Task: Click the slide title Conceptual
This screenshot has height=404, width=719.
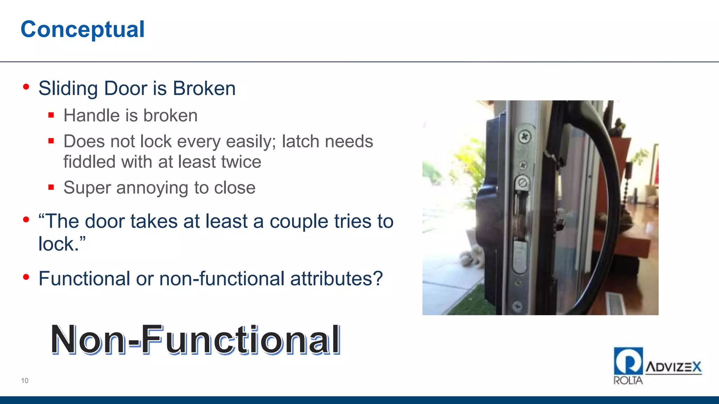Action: pyautogui.click(x=83, y=29)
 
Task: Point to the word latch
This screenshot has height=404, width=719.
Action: pyautogui.click(x=301, y=142)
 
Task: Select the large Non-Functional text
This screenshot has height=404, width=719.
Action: pyautogui.click(x=196, y=339)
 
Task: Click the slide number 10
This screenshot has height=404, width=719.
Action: pyautogui.click(x=25, y=381)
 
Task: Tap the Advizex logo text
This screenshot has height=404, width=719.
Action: pyautogui.click(x=673, y=367)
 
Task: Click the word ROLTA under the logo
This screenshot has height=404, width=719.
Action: pyautogui.click(x=628, y=381)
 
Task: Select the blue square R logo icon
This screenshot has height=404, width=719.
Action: pyautogui.click(x=628, y=361)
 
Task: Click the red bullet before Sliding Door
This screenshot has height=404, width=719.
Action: pyautogui.click(x=26, y=87)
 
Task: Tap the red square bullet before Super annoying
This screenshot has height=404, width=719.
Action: pyautogui.click(x=51, y=187)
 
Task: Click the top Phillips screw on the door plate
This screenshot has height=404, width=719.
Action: pyautogui.click(x=525, y=136)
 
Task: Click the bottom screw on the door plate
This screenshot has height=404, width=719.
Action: pyautogui.click(x=517, y=306)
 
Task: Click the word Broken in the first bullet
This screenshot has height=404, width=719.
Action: pyautogui.click(x=204, y=88)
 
